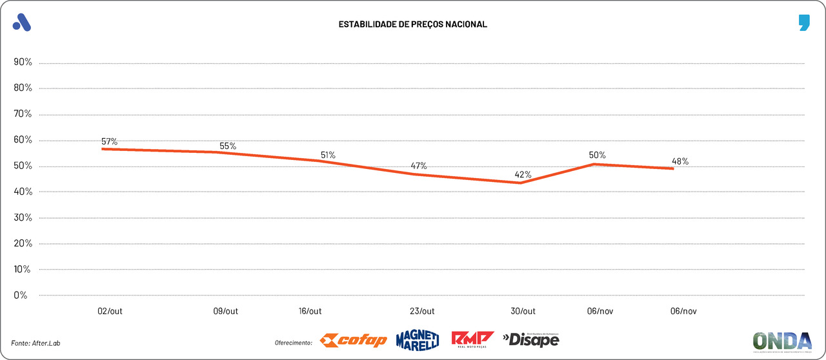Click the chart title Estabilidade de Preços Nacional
pyautogui.click(x=412, y=25)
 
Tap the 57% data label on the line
pyautogui.click(x=109, y=141)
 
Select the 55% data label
pyautogui.click(x=228, y=146)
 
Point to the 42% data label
pyautogui.click(x=523, y=174)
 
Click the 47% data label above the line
pyautogui.click(x=419, y=166)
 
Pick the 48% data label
pyautogui.click(x=680, y=161)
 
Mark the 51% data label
pyautogui.click(x=328, y=155)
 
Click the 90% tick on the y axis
pyautogui.click(x=23, y=63)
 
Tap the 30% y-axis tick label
pyautogui.click(x=23, y=217)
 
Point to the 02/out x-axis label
pyautogui.click(x=110, y=311)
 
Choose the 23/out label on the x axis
pyautogui.click(x=422, y=311)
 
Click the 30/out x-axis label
pyautogui.click(x=523, y=311)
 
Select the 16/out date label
pyautogui.click(x=310, y=311)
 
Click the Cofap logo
pyautogui.click(x=354, y=340)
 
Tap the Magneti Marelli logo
pyautogui.click(x=417, y=339)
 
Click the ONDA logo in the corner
pyautogui.click(x=782, y=341)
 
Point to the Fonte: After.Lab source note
pyautogui.click(x=40, y=342)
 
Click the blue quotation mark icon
pyautogui.click(x=803, y=23)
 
